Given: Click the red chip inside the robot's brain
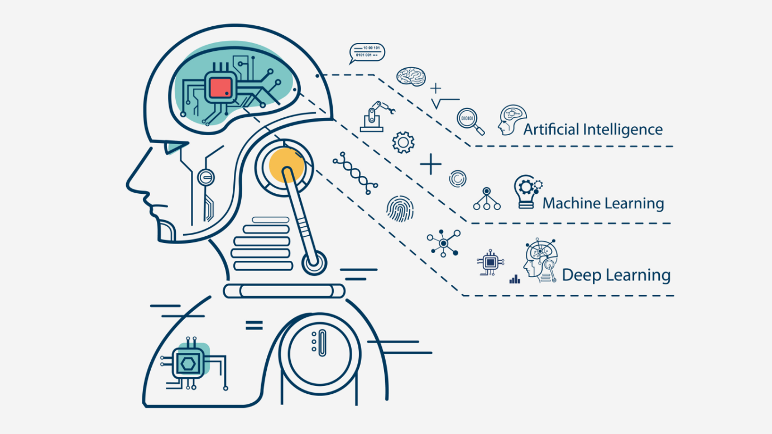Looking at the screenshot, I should point(221,88).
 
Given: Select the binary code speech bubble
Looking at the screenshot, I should point(367,52).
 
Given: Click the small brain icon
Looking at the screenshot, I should point(411,76).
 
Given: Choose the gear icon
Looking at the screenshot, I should point(403,142).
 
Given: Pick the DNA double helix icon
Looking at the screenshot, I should point(355,174).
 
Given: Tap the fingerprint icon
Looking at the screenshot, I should point(400,209).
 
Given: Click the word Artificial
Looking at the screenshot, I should point(550,130).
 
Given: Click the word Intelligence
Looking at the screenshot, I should point(623,130).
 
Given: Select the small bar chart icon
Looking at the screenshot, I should point(515,278).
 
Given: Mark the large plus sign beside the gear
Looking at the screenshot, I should point(430,165).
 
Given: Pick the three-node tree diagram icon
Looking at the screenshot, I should point(487,199).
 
